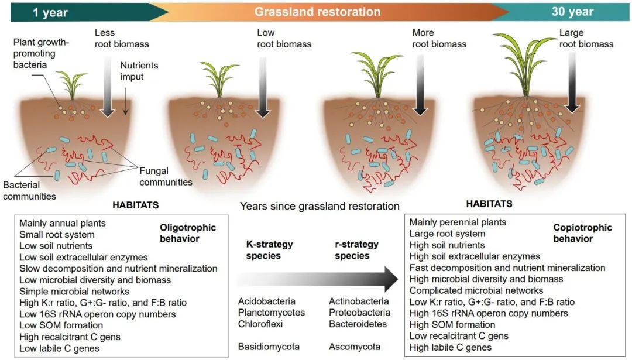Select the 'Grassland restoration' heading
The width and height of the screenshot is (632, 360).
[317, 12]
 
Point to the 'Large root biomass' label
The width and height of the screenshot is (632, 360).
[586, 38]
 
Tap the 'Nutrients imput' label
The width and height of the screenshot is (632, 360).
[139, 71]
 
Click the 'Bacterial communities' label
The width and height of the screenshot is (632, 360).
[30, 191]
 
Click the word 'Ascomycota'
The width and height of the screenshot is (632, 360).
[355, 347]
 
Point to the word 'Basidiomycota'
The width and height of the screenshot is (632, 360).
[269, 347]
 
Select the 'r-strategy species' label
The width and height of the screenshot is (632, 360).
[352, 249]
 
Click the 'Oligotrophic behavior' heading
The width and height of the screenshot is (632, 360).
[188, 233]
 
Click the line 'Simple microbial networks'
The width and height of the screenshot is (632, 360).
[74, 291]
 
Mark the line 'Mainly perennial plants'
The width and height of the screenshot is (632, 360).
[458, 222]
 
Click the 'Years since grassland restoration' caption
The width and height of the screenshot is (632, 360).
[320, 206]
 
